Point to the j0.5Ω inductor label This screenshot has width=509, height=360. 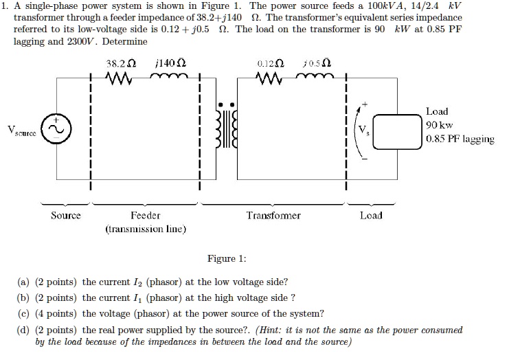click(317, 64)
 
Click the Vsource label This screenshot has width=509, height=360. click(23, 131)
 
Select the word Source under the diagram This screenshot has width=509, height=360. click(65, 216)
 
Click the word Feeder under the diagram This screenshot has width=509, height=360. click(145, 216)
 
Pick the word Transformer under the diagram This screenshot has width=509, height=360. click(273, 216)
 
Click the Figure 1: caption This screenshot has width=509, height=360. click(226, 259)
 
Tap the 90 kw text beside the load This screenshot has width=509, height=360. click(440, 125)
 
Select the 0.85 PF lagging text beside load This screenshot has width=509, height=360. click(460, 139)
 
